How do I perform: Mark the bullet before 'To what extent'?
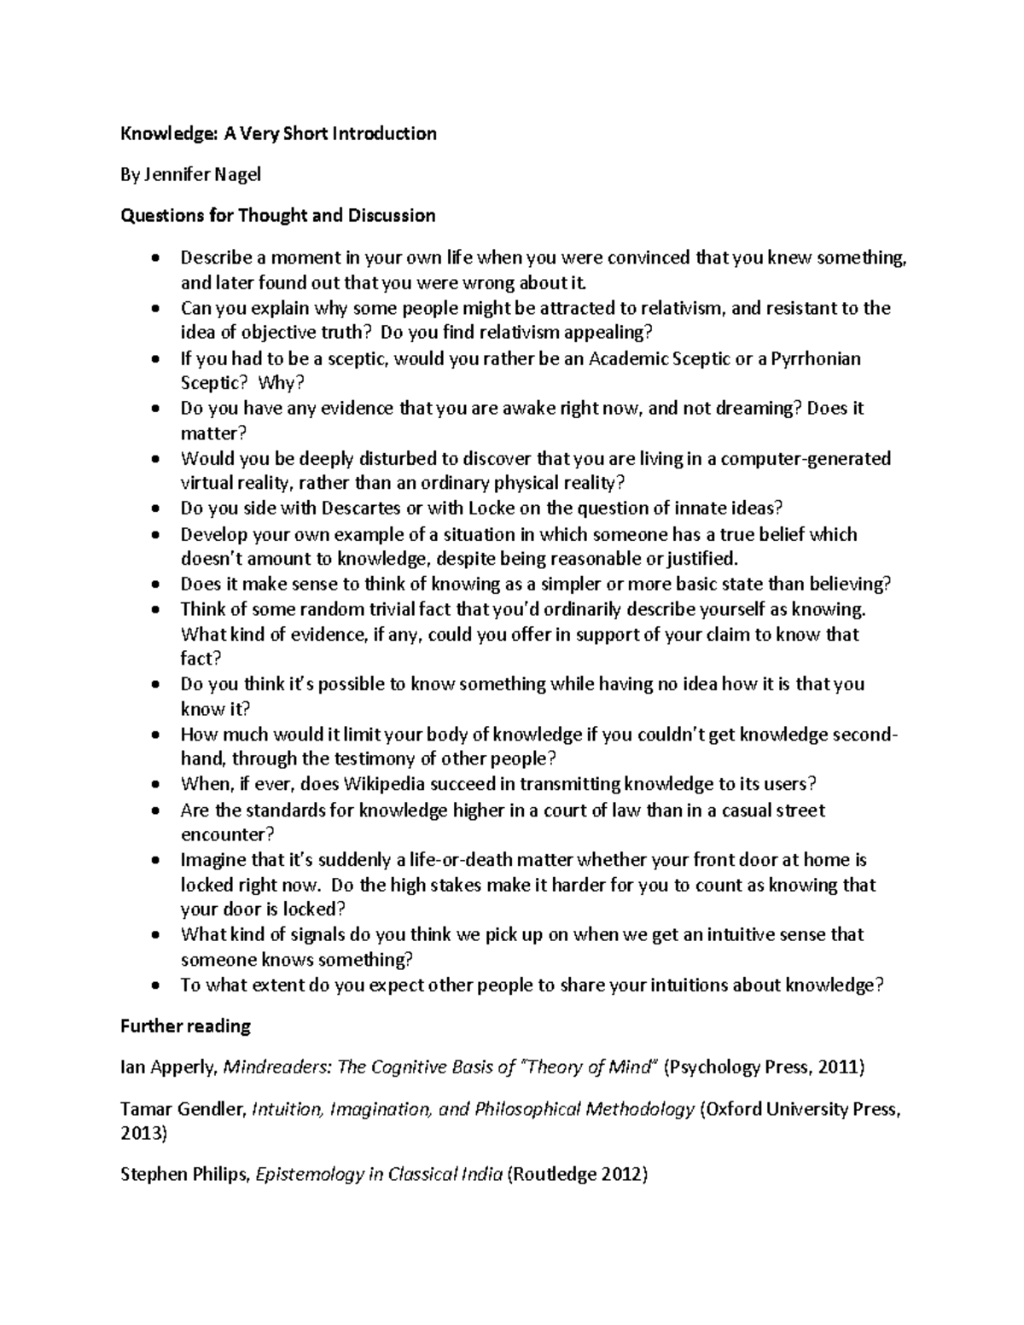click(154, 986)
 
